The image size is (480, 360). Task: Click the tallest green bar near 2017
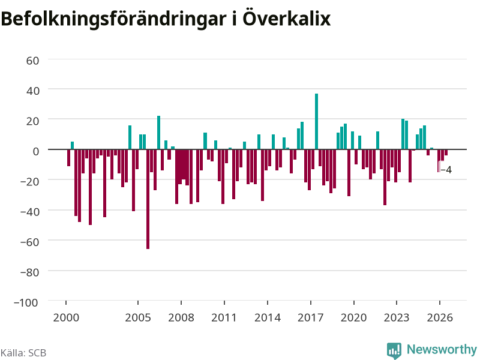click(x=317, y=121)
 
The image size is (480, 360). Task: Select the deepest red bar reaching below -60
click(x=148, y=199)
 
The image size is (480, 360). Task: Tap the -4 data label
click(x=446, y=170)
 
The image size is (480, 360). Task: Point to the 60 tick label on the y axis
click(x=33, y=61)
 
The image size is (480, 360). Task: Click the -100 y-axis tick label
click(x=26, y=302)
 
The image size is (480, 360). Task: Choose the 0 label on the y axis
click(x=36, y=151)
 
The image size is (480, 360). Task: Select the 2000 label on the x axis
click(x=66, y=317)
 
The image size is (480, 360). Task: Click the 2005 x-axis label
click(x=138, y=317)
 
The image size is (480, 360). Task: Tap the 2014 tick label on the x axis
click(x=268, y=317)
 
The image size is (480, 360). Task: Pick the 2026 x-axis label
click(x=440, y=317)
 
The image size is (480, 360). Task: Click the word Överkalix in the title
click(x=287, y=19)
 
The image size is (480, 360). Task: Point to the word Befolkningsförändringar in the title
click(x=113, y=19)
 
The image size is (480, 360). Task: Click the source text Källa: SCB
click(x=23, y=353)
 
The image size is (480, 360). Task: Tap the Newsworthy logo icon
click(x=394, y=350)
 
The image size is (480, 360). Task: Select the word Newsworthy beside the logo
click(x=442, y=349)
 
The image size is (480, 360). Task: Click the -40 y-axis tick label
click(x=29, y=212)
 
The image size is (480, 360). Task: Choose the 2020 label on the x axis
click(x=353, y=317)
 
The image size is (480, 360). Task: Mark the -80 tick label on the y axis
click(x=29, y=272)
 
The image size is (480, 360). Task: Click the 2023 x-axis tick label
click(x=397, y=317)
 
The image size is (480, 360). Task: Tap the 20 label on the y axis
click(x=33, y=121)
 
